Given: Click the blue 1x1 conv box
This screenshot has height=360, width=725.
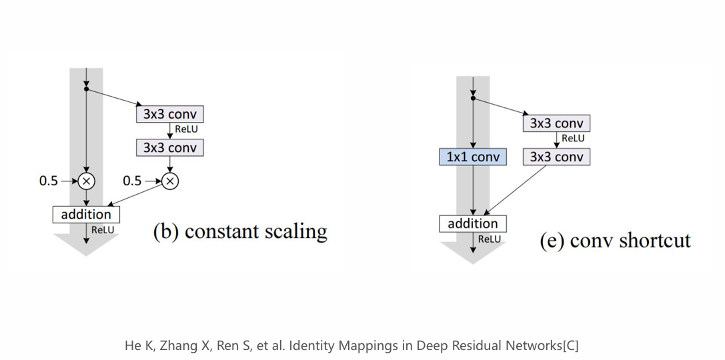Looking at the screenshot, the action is click(473, 157).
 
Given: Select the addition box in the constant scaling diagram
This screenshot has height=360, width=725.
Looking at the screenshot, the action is click(86, 215).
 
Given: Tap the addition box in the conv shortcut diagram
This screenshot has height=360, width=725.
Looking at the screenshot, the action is click(472, 224).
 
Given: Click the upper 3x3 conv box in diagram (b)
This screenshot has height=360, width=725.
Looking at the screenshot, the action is click(169, 114).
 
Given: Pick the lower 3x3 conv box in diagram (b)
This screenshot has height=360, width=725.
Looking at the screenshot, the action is click(169, 148).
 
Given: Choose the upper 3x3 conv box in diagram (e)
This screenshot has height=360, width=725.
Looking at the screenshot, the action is click(556, 123).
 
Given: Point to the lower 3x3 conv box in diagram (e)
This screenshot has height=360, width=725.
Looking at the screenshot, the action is click(556, 157).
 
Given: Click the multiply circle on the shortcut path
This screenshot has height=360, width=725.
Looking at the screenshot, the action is click(86, 181).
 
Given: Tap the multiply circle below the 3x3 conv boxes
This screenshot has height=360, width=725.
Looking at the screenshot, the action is click(169, 181).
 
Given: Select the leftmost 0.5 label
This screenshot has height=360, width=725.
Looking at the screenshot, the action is click(49, 181).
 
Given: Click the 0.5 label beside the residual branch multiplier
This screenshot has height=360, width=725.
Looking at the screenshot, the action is click(132, 181).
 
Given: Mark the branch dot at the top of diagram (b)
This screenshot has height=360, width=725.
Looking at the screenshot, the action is click(86, 89).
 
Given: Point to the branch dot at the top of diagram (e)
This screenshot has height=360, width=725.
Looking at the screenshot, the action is click(472, 98).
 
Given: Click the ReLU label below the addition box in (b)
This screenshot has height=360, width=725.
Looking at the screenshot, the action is click(103, 230).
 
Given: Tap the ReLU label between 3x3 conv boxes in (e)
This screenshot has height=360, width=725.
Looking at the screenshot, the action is click(573, 138).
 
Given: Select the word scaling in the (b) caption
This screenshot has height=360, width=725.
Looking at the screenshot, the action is click(295, 231).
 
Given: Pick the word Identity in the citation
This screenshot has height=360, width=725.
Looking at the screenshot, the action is click(309, 346).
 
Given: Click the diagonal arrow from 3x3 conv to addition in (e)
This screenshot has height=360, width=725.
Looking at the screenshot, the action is click(515, 190).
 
